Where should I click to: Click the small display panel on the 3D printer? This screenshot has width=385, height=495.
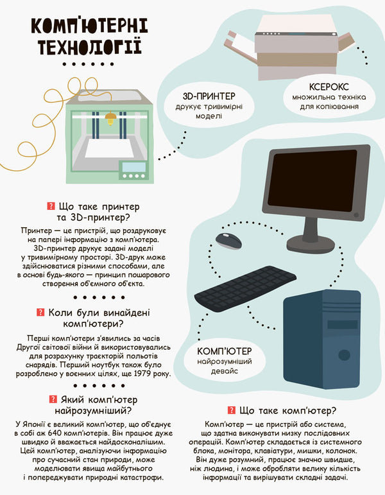coord(133,169)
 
